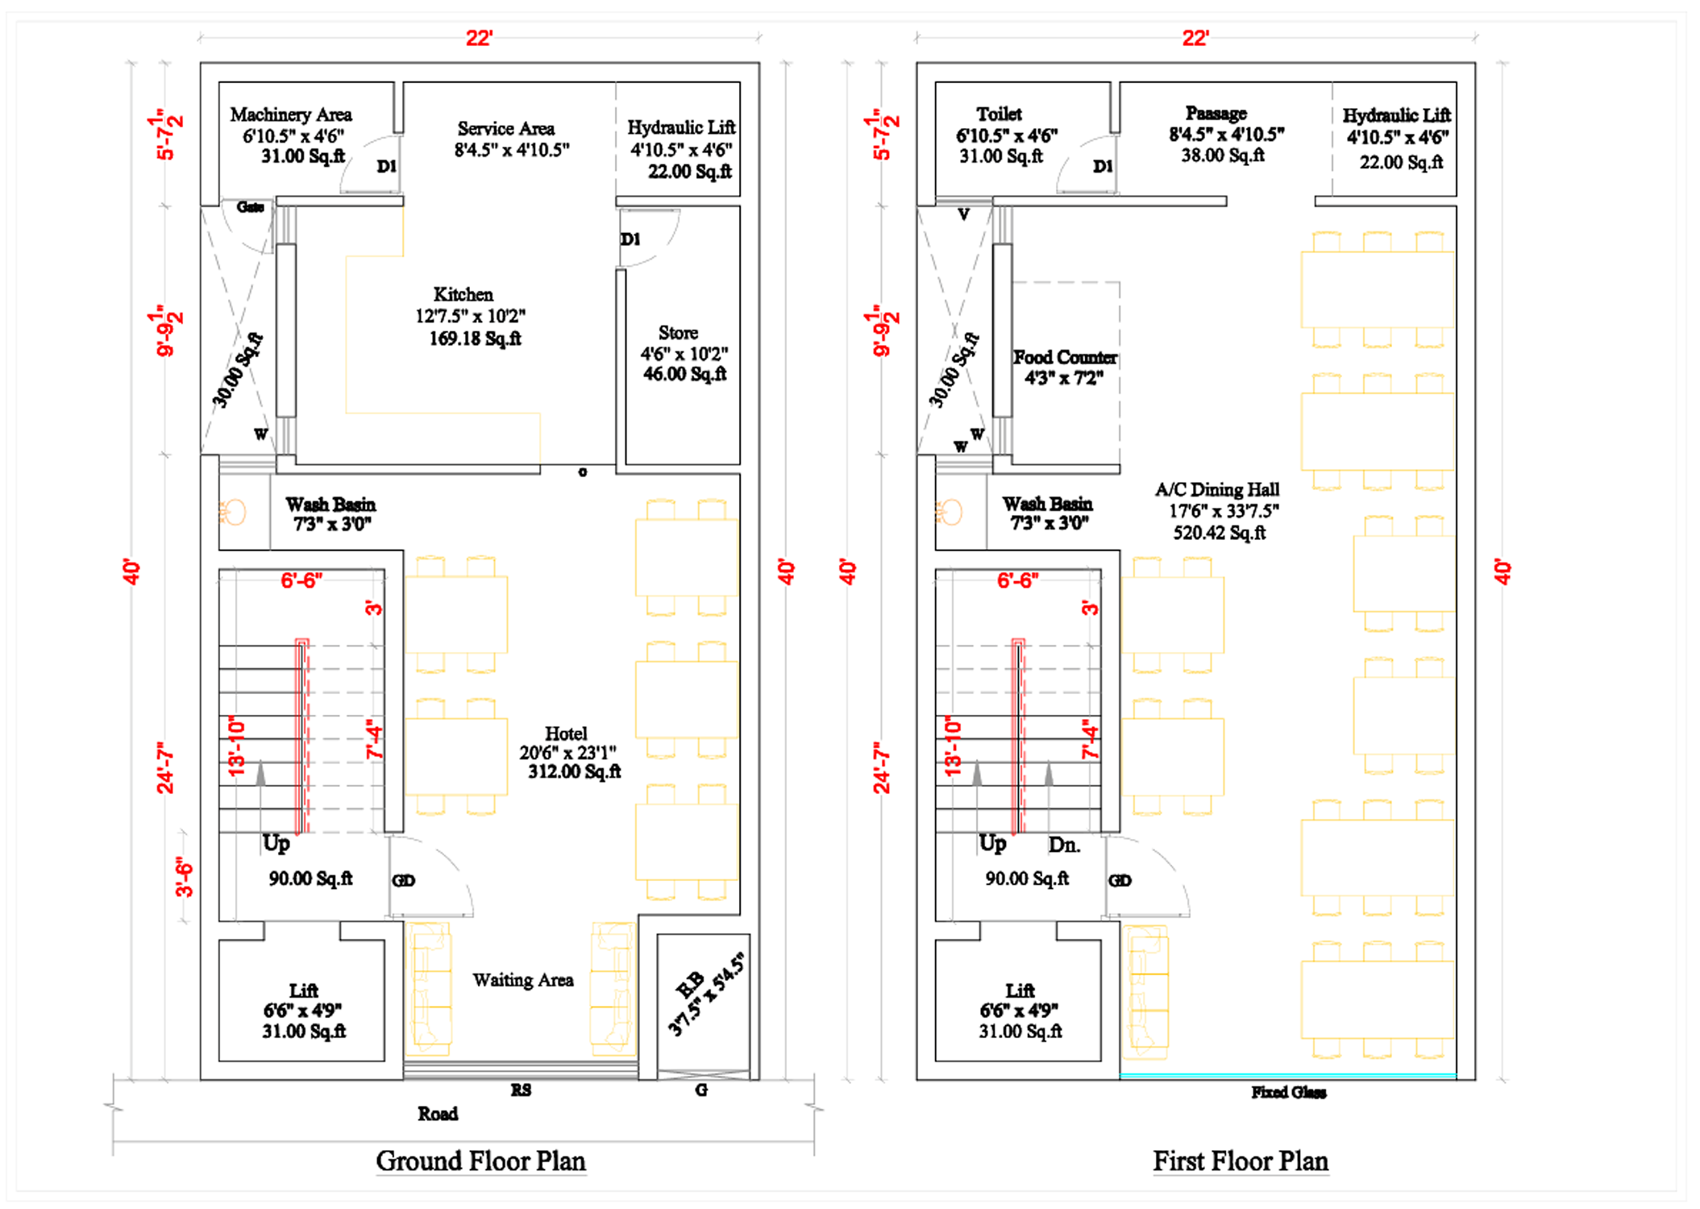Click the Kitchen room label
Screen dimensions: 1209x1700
point(463,294)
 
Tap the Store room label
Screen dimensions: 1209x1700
point(678,333)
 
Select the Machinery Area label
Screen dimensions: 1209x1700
point(291,114)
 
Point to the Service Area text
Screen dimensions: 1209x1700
point(506,128)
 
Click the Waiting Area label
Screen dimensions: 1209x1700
point(523,980)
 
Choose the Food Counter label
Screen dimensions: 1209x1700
point(1065,357)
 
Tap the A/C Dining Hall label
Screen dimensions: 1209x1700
point(1217,489)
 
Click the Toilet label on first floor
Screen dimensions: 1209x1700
point(999,114)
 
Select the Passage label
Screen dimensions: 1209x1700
point(1216,113)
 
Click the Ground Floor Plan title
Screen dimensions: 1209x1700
point(481,1161)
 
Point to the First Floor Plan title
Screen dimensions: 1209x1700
point(1241,1161)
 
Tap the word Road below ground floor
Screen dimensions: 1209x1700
point(438,1114)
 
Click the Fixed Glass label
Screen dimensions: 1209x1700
point(1289,1092)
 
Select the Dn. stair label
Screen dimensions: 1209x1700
point(1064,845)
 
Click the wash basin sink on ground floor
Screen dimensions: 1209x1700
point(234,512)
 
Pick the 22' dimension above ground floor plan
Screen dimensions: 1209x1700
point(479,38)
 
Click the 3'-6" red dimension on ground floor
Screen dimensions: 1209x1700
point(185,877)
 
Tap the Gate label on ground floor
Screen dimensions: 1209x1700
point(250,207)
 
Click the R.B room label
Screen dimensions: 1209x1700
point(690,985)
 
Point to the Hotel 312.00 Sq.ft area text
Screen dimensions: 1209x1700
point(574,771)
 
